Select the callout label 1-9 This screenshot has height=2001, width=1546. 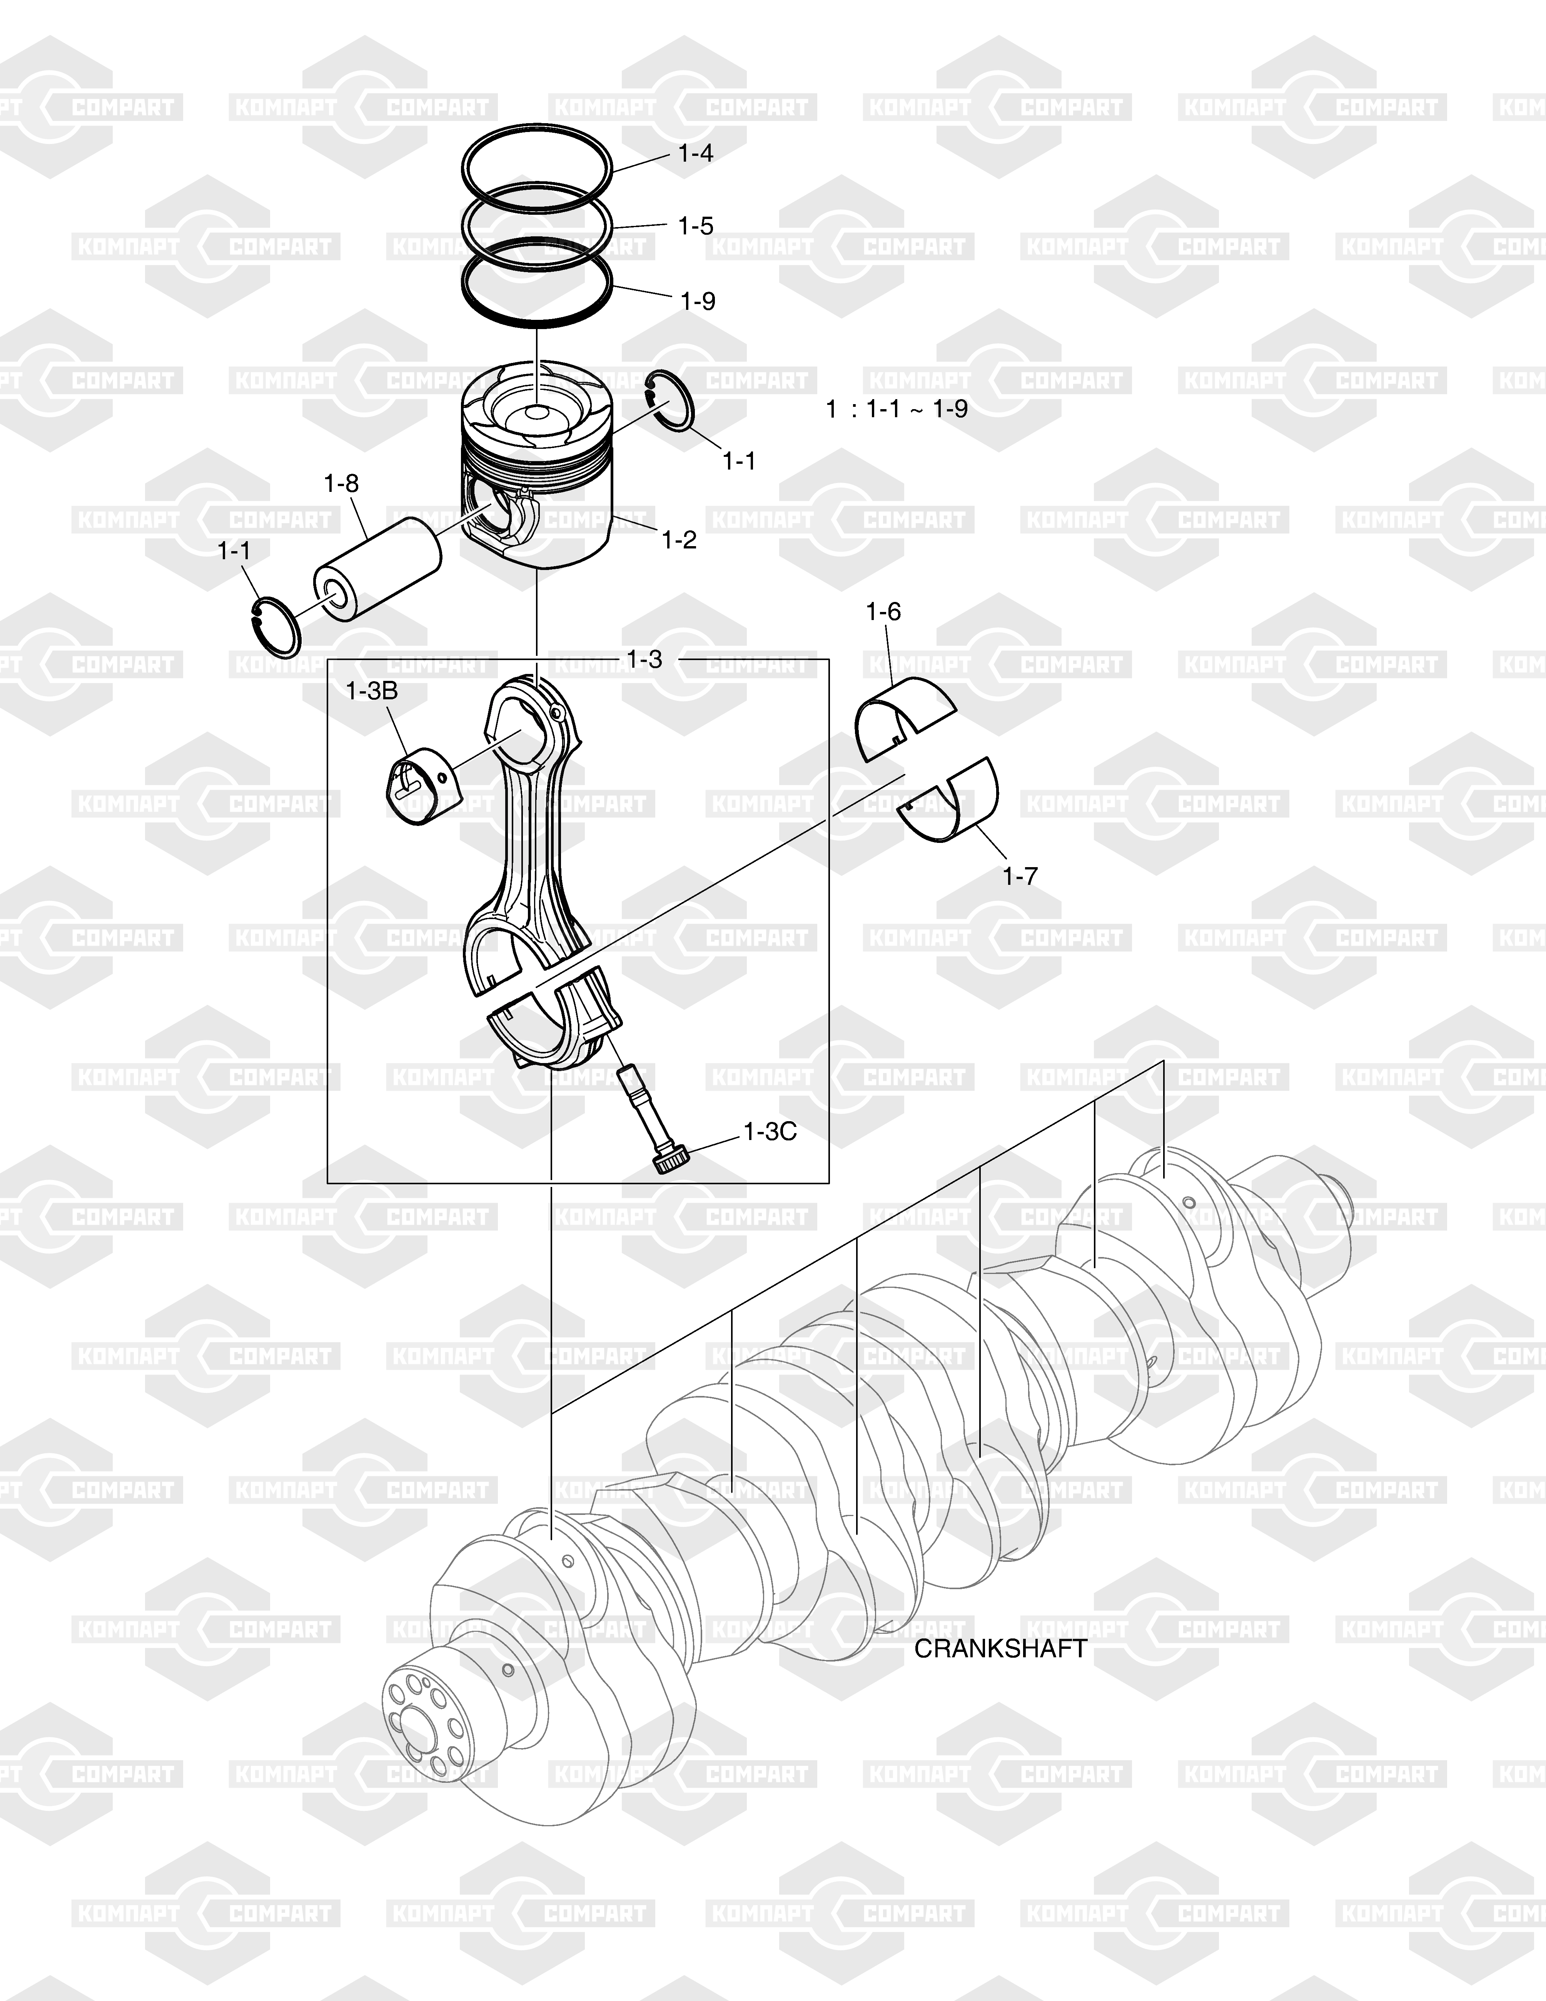(698, 301)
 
